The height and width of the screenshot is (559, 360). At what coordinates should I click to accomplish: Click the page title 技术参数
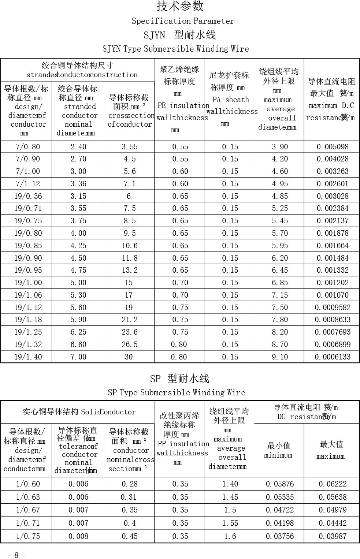180,6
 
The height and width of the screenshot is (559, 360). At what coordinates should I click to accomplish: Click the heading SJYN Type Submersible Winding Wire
175,49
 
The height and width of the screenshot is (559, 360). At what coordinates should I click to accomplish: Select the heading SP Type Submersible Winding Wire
176,392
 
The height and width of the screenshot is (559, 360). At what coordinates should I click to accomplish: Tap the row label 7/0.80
28,147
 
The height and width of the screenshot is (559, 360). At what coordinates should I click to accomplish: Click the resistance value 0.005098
333,147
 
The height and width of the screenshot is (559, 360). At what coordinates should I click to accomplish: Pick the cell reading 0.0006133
333,357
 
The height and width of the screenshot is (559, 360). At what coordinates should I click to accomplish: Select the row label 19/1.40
28,357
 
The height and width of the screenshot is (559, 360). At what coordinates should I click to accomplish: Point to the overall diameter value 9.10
280,357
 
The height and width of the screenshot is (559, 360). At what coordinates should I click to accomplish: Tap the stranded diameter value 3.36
78,184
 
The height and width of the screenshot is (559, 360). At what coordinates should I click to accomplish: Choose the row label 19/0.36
28,196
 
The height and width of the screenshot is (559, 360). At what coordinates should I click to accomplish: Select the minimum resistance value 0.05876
280,484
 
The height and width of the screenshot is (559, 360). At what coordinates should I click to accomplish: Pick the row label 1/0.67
28,510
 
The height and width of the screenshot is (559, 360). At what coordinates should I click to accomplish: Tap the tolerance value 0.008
78,536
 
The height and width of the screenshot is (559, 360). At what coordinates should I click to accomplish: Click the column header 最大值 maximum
331,450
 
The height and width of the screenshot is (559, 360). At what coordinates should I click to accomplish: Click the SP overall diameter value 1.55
230,523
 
